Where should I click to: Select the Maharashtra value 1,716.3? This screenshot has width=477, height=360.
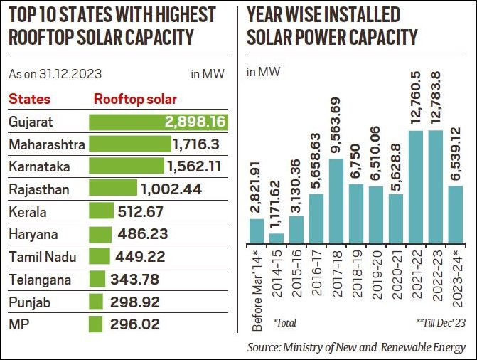point(200,145)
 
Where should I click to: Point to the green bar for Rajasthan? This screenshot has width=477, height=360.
point(113,189)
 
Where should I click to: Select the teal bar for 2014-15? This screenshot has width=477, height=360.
point(277,238)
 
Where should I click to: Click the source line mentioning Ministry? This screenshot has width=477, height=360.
point(356,346)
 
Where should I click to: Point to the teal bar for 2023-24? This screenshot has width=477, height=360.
point(456,214)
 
